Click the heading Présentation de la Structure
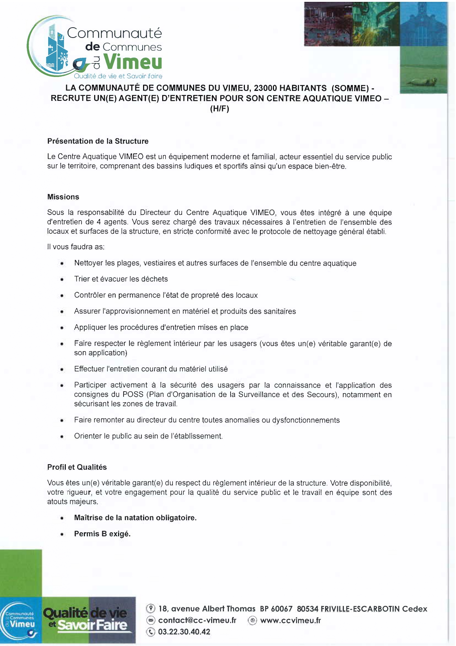click(x=98, y=141)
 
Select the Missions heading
click(x=63, y=197)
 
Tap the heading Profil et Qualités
click(x=77, y=467)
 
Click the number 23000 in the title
click(x=266, y=88)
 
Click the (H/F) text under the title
click(x=220, y=109)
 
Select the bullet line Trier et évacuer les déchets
click(x=121, y=279)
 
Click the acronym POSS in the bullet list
click(x=133, y=395)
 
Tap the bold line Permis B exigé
click(x=102, y=534)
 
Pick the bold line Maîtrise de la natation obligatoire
click(x=135, y=518)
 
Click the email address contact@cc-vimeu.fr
click(x=197, y=621)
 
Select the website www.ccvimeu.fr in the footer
click(x=291, y=621)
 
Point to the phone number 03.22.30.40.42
click(x=184, y=632)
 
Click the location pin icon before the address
click(x=151, y=609)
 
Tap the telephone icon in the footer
click(x=151, y=632)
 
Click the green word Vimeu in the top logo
click(x=133, y=61)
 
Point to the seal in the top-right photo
click(x=424, y=81)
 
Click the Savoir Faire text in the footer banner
click(x=92, y=625)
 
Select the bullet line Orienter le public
click(x=148, y=436)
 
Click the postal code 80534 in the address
click(x=307, y=609)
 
